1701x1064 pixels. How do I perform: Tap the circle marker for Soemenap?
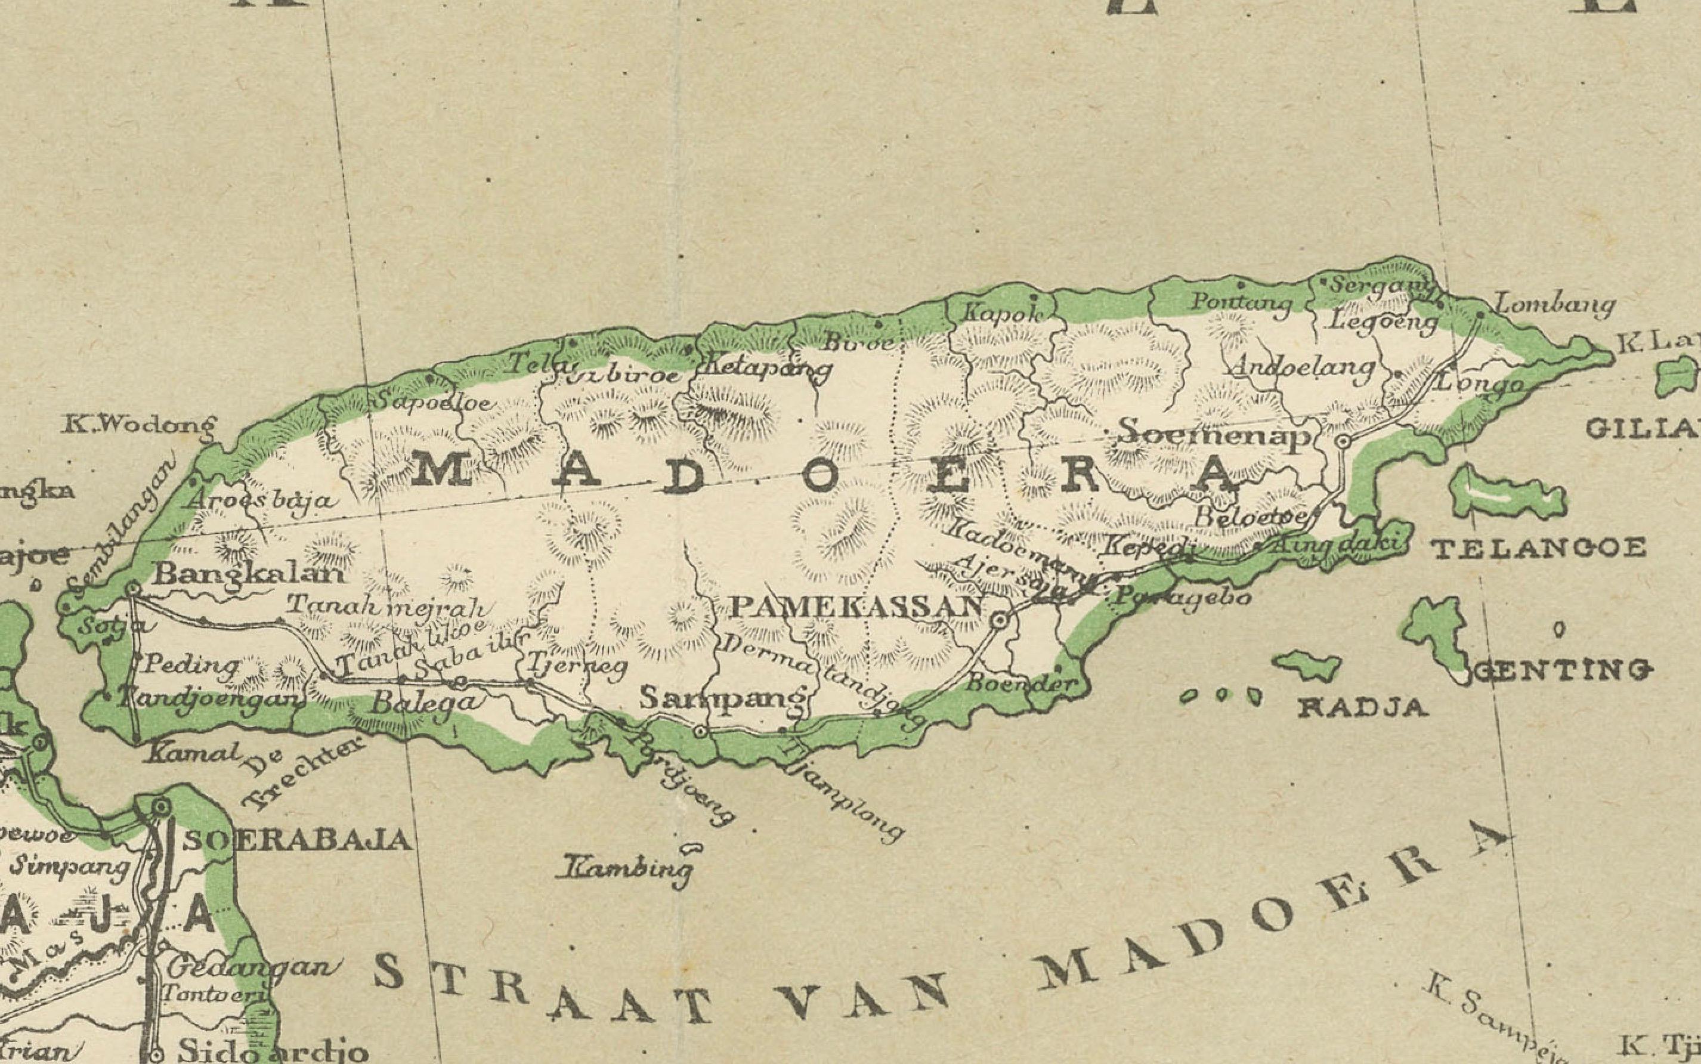(1343, 441)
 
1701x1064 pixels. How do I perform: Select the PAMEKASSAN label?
(856, 607)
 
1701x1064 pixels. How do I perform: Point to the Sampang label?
(723, 699)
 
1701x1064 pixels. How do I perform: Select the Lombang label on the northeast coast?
(1554, 305)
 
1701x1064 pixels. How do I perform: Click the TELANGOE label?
(1539, 548)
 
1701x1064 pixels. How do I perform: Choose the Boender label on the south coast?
(1022, 682)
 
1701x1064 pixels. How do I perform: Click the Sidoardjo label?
(273, 1051)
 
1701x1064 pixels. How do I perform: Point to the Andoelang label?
(1302, 367)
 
